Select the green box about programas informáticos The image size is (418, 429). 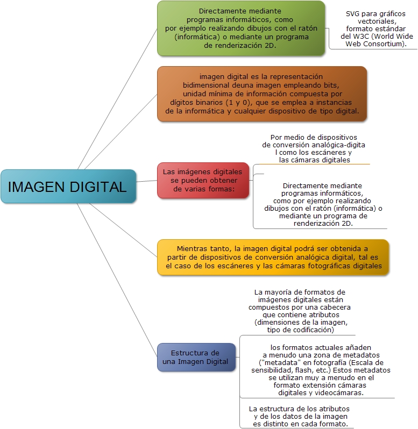tap(241, 28)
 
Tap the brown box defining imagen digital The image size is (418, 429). tap(262, 94)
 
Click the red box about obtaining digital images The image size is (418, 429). tap(202, 180)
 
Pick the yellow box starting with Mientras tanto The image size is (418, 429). tap(273, 257)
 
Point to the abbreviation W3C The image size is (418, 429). tap(362, 36)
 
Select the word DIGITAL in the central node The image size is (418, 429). tap(99, 187)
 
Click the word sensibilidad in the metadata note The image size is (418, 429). tap(273, 370)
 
